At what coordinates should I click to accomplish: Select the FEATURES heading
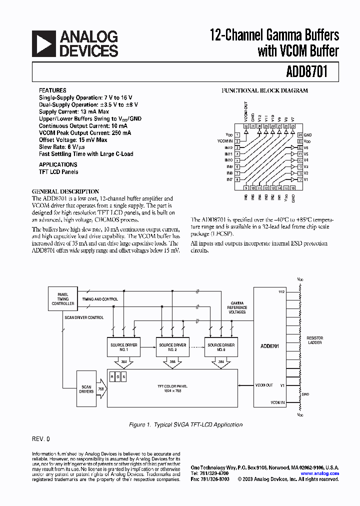tap(52, 90)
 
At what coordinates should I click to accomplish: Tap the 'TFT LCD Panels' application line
tap(58, 171)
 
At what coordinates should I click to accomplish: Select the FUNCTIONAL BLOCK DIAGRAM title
tap(264, 90)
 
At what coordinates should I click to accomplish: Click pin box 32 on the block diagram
tap(246, 126)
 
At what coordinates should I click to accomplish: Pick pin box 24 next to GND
tap(299, 135)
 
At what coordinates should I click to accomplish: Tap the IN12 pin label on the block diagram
tap(228, 148)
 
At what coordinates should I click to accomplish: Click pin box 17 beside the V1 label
tap(299, 179)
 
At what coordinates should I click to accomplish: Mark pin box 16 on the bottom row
tap(293, 188)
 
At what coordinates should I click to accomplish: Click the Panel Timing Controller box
tap(63, 299)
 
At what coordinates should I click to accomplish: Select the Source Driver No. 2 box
tap(172, 347)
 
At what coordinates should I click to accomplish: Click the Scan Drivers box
tap(86, 388)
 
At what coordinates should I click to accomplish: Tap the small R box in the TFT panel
tap(112, 376)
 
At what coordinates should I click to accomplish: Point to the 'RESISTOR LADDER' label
tap(314, 340)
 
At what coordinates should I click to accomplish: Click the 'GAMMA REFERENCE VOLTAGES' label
tap(237, 307)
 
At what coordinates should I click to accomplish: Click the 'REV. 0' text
tap(41, 438)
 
